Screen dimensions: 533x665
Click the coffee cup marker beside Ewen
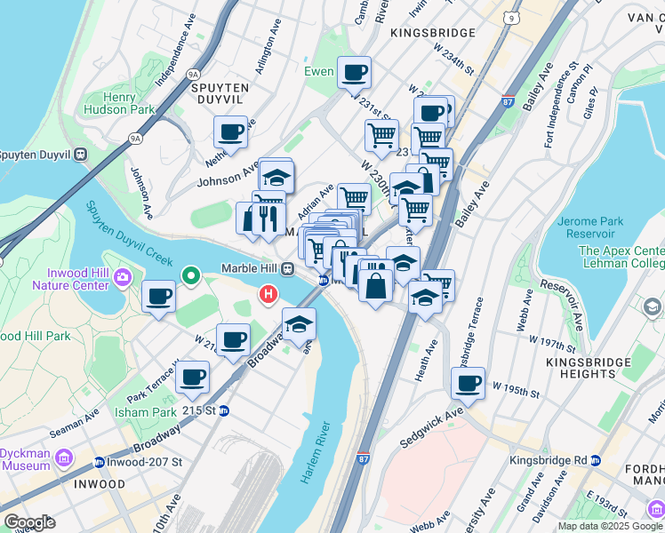[354, 72]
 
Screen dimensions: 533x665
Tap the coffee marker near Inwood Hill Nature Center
[158, 297]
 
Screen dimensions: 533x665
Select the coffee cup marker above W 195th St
[468, 384]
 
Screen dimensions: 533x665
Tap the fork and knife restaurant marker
[268, 216]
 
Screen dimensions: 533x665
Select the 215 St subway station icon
[225, 411]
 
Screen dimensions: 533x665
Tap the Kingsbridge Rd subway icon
[596, 460]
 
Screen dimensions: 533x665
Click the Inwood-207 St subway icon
[100, 462]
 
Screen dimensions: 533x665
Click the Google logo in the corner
[29, 522]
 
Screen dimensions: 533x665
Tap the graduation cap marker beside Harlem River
[300, 324]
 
